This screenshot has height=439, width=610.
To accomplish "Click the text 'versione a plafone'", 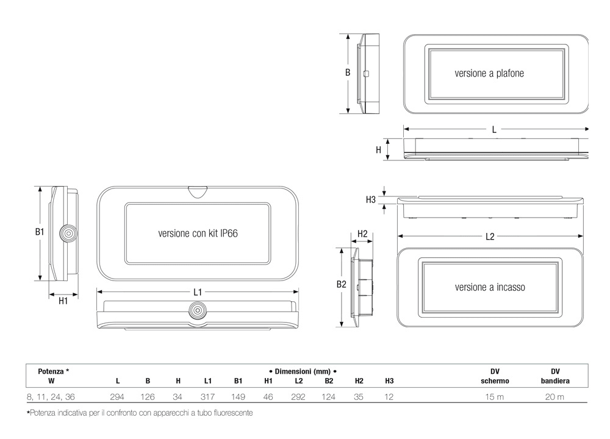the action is [489, 73].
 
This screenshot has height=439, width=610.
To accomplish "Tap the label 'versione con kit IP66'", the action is [198, 234].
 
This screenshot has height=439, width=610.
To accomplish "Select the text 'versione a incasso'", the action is [490, 287].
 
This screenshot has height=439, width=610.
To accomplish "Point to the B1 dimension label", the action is [40, 232].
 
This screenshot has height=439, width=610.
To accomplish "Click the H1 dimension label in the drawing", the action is [63, 301].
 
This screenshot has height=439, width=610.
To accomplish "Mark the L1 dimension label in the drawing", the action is [198, 292].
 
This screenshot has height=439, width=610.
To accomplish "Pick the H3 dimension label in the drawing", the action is [371, 199].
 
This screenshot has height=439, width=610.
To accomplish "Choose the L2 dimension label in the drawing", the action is [490, 237].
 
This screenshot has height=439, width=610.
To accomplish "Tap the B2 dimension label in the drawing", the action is [341, 284].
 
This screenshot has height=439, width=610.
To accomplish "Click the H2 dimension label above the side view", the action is [362, 234].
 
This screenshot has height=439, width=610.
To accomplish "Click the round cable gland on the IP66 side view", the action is [68, 234].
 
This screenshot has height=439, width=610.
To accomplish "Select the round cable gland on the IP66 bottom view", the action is [198, 310].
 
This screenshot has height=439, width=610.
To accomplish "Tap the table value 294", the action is [117, 397].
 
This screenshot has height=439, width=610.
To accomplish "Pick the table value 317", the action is [208, 397].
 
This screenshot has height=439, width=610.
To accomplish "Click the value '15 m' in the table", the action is [495, 397].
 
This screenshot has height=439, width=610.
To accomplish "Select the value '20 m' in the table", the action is [554, 397].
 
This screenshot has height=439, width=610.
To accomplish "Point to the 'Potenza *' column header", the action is [54, 371].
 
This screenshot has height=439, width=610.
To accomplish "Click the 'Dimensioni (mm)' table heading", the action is [303, 371].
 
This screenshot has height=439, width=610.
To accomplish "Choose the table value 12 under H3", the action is [389, 397].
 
